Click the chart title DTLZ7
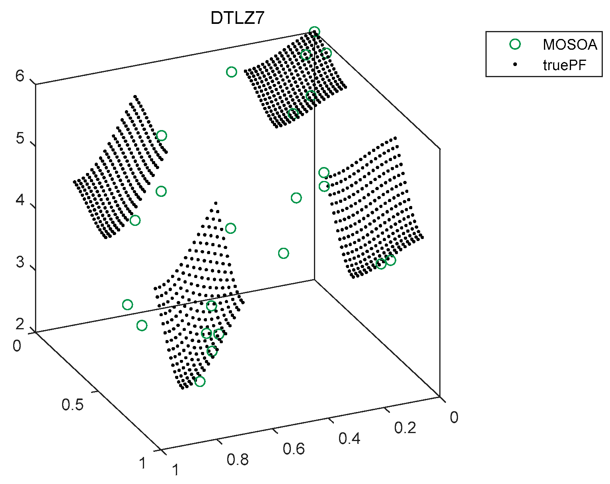(x=237, y=19)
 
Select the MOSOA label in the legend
(x=570, y=45)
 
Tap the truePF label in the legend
(x=564, y=65)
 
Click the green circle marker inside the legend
(x=515, y=44)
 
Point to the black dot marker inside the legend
(x=515, y=64)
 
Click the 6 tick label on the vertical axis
(x=20, y=76)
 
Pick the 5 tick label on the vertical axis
(x=20, y=139)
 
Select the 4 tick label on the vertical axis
(x=20, y=200)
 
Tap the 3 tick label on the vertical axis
(x=20, y=262)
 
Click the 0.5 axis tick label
(x=73, y=405)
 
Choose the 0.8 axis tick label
(x=238, y=460)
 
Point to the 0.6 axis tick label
(x=294, y=449)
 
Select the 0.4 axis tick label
(x=349, y=438)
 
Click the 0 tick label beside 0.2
(x=454, y=417)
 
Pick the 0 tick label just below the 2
(x=17, y=346)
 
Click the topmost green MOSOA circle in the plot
(x=314, y=32)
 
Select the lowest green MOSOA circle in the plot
(x=200, y=381)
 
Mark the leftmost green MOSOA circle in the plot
(x=127, y=305)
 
